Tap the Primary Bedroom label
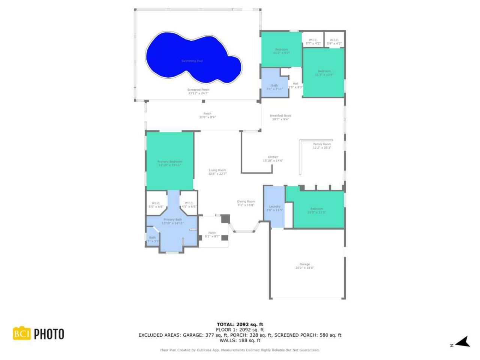tap(170, 162)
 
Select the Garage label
tap(304, 264)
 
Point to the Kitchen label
tap(273, 157)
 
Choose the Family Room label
tap(322, 144)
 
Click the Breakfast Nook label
tap(280, 116)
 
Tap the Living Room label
tap(217, 170)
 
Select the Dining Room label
tap(246, 201)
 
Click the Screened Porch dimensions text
tap(198, 93)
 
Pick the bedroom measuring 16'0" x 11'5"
tap(316, 210)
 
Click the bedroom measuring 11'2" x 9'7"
tap(282, 51)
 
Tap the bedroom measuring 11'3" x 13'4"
tap(324, 73)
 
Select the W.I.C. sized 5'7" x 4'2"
tap(313, 42)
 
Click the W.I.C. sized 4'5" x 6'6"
tap(189, 205)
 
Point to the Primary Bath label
tap(172, 220)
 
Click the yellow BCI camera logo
tap(21, 333)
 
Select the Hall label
tap(295, 84)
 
